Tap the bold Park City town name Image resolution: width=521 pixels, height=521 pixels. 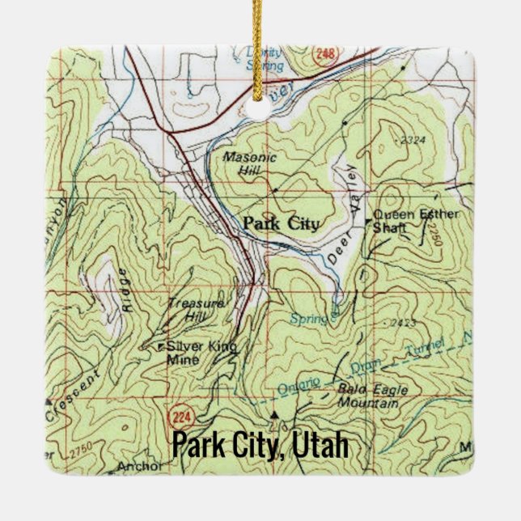[281, 223]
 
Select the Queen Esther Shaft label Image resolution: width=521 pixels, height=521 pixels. [413, 220]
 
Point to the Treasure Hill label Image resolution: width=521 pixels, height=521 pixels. [195, 311]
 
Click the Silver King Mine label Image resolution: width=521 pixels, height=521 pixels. [201, 353]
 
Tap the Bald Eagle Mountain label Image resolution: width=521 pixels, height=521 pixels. [369, 396]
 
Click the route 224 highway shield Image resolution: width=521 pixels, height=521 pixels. [180, 417]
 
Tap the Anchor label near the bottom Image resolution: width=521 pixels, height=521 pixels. [139, 466]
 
